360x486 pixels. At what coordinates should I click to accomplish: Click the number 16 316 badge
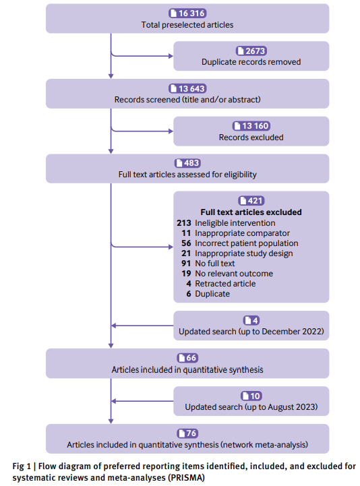187,13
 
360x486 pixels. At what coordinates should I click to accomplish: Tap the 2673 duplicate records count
251,51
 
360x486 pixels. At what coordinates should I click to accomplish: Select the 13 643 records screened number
187,89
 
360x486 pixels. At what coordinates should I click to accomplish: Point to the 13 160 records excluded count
251,126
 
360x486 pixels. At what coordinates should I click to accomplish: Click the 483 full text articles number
187,163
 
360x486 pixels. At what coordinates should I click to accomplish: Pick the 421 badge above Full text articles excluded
251,201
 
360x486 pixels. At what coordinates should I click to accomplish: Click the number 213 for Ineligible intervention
184,223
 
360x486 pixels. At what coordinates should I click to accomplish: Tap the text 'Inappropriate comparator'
242,233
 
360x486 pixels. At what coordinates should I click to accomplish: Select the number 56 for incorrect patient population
186,243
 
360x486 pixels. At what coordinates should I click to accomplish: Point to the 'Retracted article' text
225,284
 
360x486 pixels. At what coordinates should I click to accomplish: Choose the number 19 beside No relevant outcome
186,274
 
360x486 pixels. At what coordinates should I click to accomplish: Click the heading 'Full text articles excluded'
251,212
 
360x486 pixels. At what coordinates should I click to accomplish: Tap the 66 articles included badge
187,358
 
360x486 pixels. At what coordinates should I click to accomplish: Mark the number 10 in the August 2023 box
251,396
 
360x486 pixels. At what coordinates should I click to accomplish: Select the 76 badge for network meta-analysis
187,433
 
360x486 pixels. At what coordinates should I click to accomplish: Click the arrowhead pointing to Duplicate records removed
171,56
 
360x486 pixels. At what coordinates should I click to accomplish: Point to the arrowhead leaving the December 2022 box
113,326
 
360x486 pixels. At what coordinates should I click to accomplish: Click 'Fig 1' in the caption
22,466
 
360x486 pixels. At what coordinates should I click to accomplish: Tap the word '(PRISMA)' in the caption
186,478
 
